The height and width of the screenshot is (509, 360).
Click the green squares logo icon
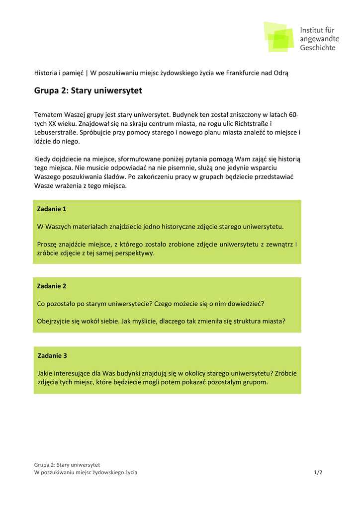[x=278, y=36]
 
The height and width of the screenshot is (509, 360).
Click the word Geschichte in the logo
[x=317, y=48]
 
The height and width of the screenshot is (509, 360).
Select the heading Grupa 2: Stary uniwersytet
[x=88, y=90]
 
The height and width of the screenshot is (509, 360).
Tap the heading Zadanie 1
[x=52, y=209]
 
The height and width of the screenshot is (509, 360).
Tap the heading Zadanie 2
[x=52, y=286]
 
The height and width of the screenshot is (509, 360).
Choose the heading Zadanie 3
[x=52, y=355]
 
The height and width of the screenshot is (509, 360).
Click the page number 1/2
[x=318, y=472]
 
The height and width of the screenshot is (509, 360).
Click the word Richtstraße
[x=251, y=123]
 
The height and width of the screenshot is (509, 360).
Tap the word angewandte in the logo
[x=319, y=39]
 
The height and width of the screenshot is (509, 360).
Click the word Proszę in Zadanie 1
[x=48, y=244]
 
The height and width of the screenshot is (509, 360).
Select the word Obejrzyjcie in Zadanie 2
[x=54, y=321]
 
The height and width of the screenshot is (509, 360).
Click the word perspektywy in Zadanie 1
[x=136, y=253]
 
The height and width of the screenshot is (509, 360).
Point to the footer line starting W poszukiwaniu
[x=86, y=472]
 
